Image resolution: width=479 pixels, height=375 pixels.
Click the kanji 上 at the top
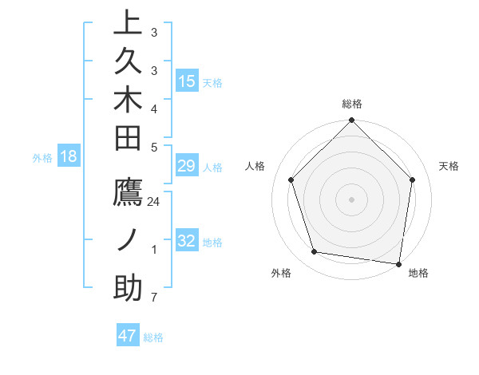(128, 23)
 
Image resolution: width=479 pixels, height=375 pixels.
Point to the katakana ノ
(128, 240)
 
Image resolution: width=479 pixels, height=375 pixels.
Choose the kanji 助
(128, 287)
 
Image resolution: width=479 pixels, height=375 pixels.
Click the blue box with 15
(187, 81)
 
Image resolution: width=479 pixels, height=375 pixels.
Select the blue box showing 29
(187, 167)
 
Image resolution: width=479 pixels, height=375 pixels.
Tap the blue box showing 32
(187, 242)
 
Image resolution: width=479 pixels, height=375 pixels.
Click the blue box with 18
(69, 157)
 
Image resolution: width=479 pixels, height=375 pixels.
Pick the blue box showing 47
(128, 336)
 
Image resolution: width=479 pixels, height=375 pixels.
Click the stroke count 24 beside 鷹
(154, 202)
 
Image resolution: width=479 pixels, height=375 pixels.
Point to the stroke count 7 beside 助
(154, 298)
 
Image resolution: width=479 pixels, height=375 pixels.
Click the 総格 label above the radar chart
(352, 104)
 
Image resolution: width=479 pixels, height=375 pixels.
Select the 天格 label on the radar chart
(449, 166)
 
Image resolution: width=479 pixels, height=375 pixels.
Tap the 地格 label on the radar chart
(418, 273)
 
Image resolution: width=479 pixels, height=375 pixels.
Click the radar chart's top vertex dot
(352, 121)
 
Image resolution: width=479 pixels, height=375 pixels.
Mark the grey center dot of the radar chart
(352, 199)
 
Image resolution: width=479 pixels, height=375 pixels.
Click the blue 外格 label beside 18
(42, 158)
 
